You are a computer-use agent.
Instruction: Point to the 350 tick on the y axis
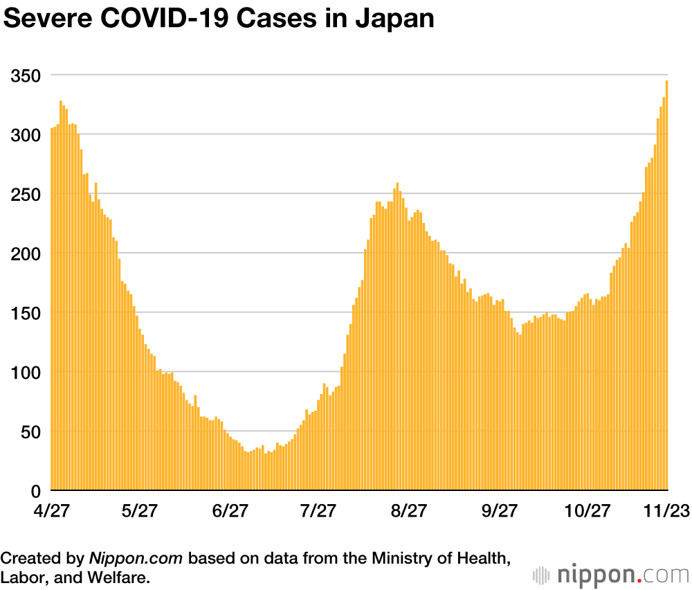[x=25, y=75]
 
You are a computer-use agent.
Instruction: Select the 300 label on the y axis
[x=25, y=134]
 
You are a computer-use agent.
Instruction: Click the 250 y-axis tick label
[x=25, y=194]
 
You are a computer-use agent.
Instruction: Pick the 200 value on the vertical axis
[x=25, y=253]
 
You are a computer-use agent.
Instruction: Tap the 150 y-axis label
[x=25, y=313]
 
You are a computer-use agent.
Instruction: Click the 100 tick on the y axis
[x=25, y=373]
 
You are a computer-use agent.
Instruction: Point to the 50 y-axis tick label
[x=29, y=432]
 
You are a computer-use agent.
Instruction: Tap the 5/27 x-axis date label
[x=139, y=511]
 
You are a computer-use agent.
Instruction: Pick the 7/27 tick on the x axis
[x=318, y=511]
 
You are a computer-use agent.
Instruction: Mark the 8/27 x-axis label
[x=408, y=511]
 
